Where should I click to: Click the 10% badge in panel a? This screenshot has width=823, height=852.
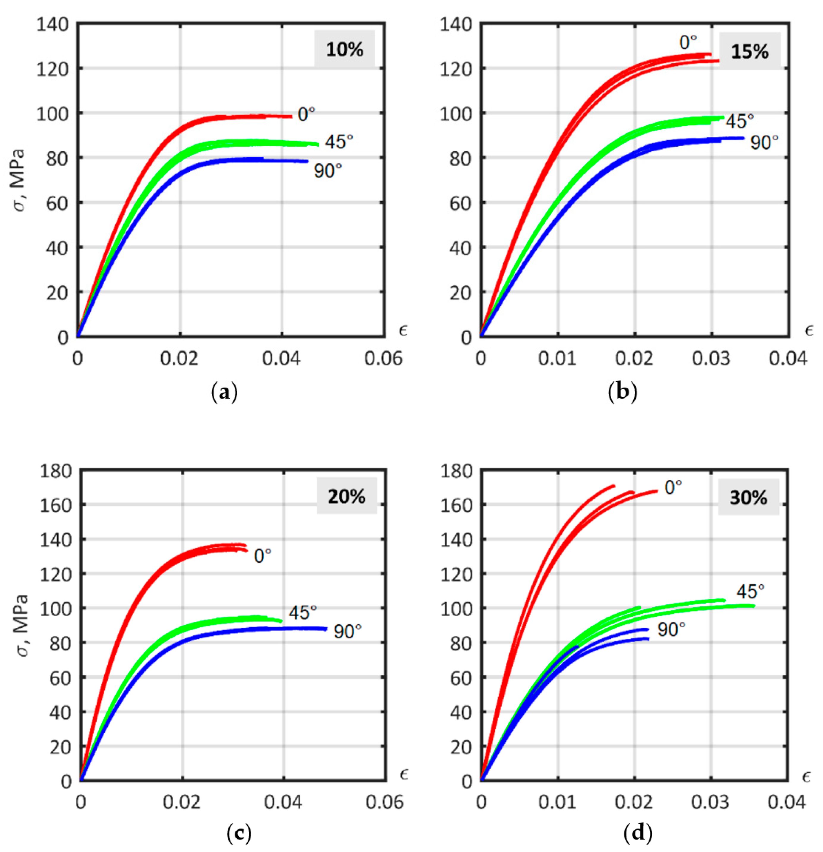tap(345, 49)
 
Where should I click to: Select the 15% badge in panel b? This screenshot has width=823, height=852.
tap(750, 51)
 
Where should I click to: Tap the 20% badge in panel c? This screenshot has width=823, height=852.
tap(346, 496)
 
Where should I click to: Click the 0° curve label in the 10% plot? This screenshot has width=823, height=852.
tap(306, 114)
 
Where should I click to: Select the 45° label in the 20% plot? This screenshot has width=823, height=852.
tap(303, 613)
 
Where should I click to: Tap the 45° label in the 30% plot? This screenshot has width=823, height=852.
tap(750, 591)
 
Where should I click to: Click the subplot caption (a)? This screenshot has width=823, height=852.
tap(224, 393)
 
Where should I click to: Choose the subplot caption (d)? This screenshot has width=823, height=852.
tap(637, 833)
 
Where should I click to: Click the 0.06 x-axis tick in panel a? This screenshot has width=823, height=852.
tap(383, 359)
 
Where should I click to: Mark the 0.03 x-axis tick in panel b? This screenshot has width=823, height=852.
tap(711, 359)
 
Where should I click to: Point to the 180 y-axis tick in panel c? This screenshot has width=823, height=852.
tap(55, 471)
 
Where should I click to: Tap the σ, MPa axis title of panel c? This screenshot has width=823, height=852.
tap(21, 625)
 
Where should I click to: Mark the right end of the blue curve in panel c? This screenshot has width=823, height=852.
tap(326, 629)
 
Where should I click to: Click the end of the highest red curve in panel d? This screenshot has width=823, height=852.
tap(614, 486)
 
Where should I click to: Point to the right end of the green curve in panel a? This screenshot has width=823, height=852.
tap(317, 144)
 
